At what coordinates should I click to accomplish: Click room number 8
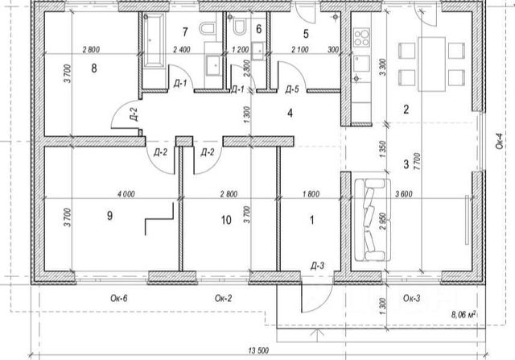coord(94,68)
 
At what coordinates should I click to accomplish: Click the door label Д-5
coord(293,89)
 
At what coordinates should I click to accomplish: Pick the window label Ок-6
coord(119,299)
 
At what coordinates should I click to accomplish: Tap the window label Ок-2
coord(225,299)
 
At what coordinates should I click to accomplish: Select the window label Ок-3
coord(410,299)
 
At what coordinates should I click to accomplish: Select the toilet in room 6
coord(238,29)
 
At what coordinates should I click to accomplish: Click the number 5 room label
coord(307,34)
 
